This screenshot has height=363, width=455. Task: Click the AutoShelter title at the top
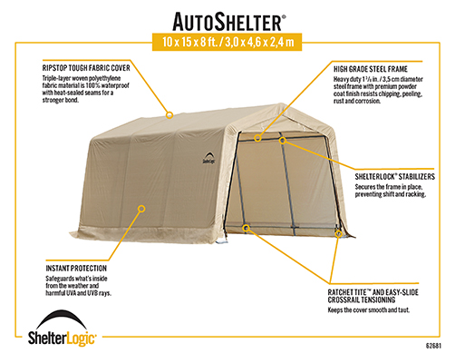tap(227, 22)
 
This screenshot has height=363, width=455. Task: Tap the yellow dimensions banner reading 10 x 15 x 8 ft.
tap(227, 42)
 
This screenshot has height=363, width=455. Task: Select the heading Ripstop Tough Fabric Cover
tap(86, 68)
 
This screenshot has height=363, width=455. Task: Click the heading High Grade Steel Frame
tap(371, 69)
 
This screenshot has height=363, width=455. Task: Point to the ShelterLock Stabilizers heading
tap(395, 177)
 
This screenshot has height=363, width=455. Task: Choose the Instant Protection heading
tap(76, 269)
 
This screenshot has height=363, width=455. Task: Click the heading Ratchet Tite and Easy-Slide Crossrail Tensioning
tap(373, 296)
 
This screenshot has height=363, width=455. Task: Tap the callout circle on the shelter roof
tap(169, 115)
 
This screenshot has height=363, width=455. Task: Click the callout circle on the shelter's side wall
tap(141, 209)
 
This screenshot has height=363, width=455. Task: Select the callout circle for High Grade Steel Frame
tap(257, 138)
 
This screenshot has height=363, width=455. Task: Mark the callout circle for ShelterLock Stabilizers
tap(283, 141)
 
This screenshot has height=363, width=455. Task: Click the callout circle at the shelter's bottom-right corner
tap(338, 233)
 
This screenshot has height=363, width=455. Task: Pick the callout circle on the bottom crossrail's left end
tap(246, 228)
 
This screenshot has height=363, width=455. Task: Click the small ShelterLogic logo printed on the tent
tap(208, 158)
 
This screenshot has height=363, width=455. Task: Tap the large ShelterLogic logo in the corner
tap(62, 329)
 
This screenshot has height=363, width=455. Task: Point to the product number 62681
tap(433, 346)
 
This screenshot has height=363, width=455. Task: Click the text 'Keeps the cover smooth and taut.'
tap(369, 310)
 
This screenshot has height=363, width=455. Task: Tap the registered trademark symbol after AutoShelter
tap(284, 17)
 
